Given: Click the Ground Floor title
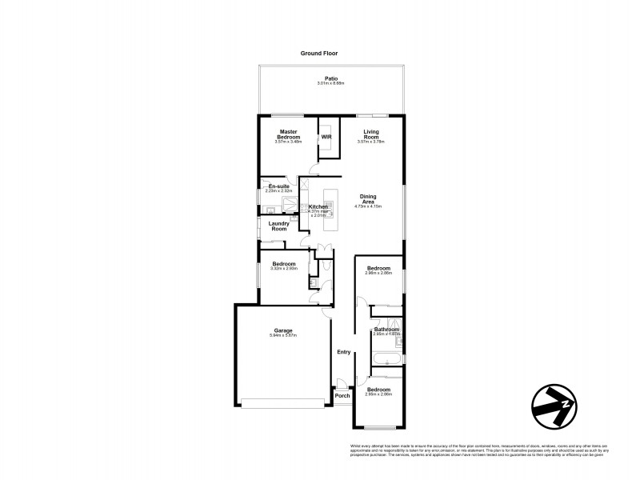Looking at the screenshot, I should pos(319,53).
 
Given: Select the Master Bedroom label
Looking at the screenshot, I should pos(288,134).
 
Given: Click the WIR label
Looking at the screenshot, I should pos(326,137).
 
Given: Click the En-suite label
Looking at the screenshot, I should pos(278,186).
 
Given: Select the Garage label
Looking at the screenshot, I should pos(282,330).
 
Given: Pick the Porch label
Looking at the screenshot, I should pos(342,396).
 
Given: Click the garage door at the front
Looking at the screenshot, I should pos(284,403).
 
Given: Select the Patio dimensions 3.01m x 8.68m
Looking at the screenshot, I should pos(330,83).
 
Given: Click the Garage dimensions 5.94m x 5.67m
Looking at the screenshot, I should pos(282,335).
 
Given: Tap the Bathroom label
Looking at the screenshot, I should pos(386,329).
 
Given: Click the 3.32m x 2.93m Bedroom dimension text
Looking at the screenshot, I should pos(285,270).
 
